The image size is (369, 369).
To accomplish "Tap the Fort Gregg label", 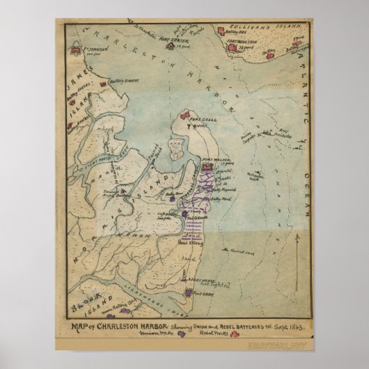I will point(206,118).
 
